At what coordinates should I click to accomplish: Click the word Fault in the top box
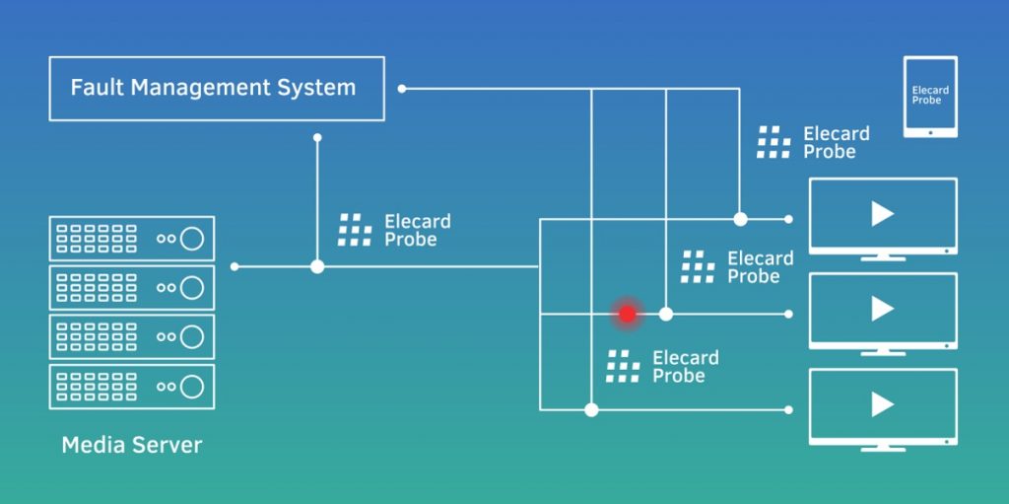[95, 88]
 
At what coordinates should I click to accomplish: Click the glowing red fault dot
[627, 314]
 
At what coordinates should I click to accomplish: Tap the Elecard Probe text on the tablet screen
[930, 95]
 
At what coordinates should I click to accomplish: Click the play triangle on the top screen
[882, 214]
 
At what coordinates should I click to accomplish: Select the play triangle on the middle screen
[882, 310]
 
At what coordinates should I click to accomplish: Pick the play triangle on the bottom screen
[882, 404]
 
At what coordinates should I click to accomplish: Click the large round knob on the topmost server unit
[192, 238]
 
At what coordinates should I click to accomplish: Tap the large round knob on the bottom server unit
[192, 386]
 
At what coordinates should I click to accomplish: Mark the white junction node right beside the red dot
[666, 314]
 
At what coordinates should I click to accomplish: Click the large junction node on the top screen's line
[740, 219]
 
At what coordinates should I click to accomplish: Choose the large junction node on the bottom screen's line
[591, 409]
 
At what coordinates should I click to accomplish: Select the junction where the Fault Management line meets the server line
[317, 266]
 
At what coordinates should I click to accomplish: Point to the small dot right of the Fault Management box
[401, 89]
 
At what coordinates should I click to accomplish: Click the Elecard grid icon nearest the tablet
[774, 143]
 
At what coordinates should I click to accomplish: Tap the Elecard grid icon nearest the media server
[355, 230]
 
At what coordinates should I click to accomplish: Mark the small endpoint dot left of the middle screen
[789, 314]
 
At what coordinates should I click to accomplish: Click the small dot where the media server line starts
[235, 266]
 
